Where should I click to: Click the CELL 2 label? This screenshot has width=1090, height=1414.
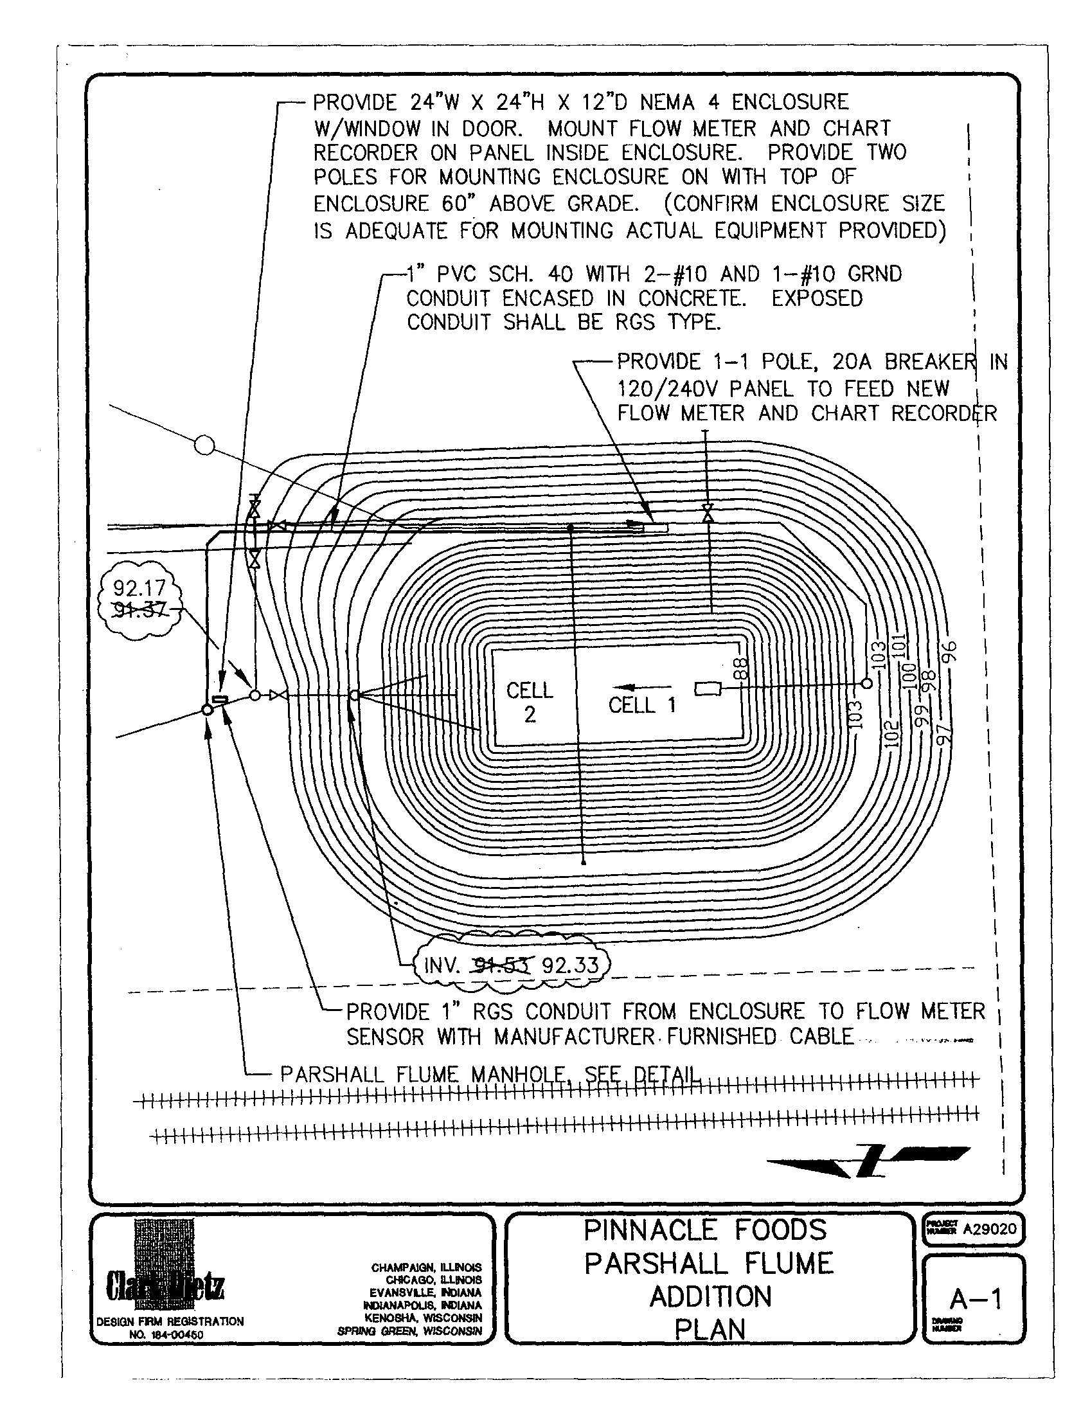point(530,702)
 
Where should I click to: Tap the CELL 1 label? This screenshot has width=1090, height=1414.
point(641,705)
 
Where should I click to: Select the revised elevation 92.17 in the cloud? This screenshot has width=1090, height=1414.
point(139,588)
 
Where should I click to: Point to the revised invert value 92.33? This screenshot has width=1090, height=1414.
point(570,966)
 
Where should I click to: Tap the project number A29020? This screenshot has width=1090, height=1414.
point(989,1229)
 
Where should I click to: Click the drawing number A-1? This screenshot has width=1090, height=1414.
point(976,1299)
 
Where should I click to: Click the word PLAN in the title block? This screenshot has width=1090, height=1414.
point(710,1330)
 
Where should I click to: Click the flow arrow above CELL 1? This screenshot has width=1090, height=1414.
point(641,687)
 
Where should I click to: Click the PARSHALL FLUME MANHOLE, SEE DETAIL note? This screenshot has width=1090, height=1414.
point(490,1075)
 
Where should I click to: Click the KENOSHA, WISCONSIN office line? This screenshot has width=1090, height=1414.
point(423,1318)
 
